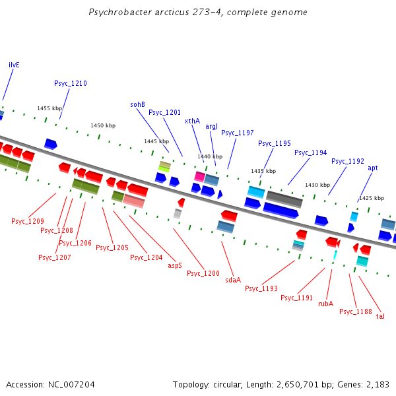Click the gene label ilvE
point(14,65)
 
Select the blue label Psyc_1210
point(71,83)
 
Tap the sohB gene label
point(137,104)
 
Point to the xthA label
point(192,121)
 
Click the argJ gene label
point(211,126)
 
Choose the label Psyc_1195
point(274,143)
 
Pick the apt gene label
point(373,168)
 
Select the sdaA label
point(233,280)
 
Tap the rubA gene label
point(325,304)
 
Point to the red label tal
point(380,316)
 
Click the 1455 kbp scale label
point(49,108)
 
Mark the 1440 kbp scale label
point(210,156)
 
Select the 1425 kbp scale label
point(371,198)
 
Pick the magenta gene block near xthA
point(199,176)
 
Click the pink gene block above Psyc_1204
point(134,201)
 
